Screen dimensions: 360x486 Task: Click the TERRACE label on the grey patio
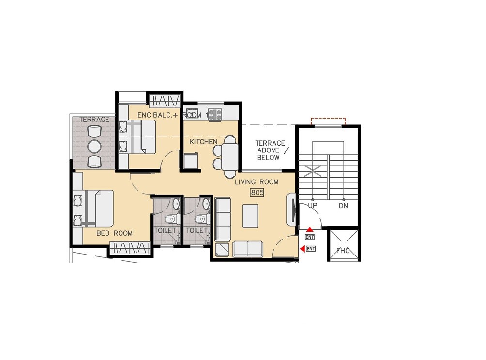point(95,120)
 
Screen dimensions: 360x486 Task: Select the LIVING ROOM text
point(257,182)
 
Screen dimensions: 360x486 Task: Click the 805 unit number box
point(257,192)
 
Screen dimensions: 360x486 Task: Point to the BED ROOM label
point(114,233)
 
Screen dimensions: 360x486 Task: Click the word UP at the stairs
point(313,206)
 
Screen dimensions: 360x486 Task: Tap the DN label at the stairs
point(343,206)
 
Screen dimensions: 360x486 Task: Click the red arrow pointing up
point(310,229)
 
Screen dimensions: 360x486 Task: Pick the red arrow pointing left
point(303,249)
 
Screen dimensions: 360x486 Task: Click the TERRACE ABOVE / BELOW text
point(270,150)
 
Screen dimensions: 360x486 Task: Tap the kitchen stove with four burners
point(215,115)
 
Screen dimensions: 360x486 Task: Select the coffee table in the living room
point(250,216)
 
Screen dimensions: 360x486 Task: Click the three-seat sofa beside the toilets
point(223,219)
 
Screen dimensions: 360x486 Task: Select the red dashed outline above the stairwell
point(328,120)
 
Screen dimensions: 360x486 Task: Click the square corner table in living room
point(223,249)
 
